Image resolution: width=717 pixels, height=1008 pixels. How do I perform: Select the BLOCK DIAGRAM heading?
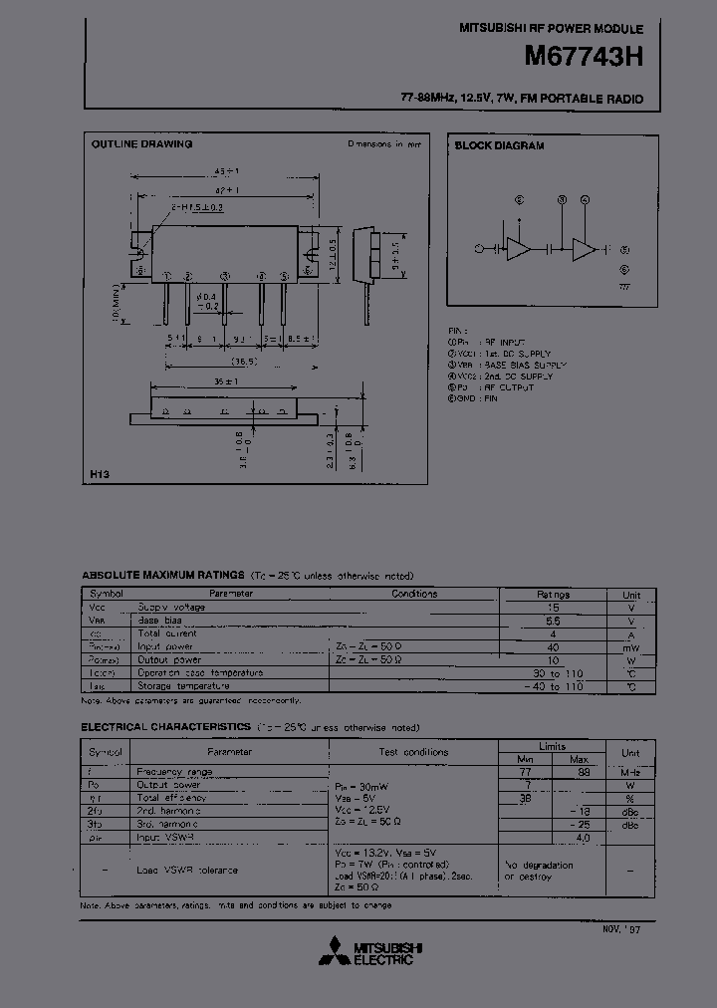coord(499,145)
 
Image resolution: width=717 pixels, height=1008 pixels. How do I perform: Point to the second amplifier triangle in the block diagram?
coord(585,249)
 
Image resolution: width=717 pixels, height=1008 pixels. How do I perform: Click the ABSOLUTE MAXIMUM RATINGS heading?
coord(162,576)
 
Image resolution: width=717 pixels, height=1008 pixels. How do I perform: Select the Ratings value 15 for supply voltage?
coord(554,607)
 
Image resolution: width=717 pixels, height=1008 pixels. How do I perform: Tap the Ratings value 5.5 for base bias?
coord(554,620)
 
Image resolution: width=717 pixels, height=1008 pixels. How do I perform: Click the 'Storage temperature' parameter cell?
coord(183,685)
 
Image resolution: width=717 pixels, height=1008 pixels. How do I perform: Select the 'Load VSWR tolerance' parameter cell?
coord(187,871)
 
